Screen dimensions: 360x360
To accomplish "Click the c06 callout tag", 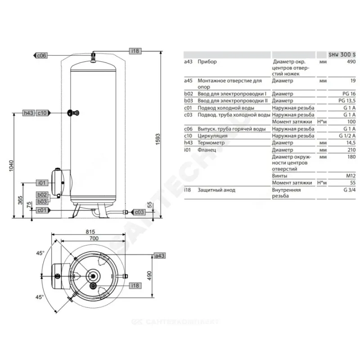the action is coord(40,55).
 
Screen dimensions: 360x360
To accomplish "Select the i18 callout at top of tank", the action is coord(135,51).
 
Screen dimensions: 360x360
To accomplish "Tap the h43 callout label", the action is coord(29,113).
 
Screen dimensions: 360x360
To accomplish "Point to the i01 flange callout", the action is coord(42,183).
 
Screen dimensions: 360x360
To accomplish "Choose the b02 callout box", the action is coord(42,195).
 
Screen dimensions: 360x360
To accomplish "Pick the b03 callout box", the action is coord(42,202).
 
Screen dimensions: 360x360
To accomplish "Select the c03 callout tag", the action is coord(138,212).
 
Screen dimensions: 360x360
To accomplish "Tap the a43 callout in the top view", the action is coord(160,256).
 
